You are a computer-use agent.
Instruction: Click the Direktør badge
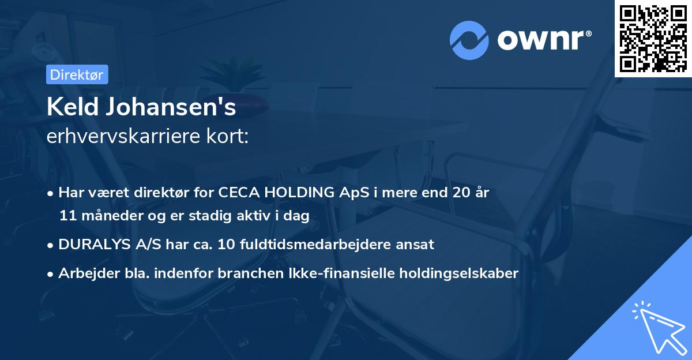click(77, 74)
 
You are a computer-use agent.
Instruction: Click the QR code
click(653, 38)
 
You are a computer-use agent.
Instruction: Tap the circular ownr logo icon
click(469, 40)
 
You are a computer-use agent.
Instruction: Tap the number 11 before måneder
click(67, 216)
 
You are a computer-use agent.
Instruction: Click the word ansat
click(415, 244)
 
